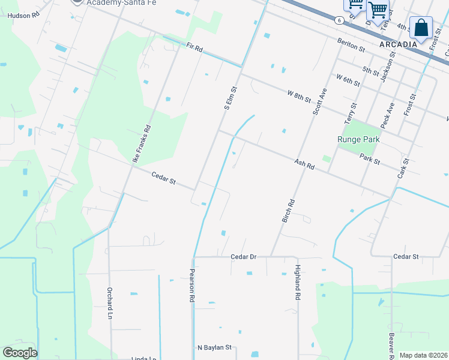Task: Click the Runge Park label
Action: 359,139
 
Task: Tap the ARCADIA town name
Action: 398,44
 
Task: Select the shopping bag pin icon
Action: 421,28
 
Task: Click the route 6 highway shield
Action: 340,20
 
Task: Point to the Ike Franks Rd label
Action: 141,144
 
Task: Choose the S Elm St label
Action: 229,98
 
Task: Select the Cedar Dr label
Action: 244,257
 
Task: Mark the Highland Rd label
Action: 297,283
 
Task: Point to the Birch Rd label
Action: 288,211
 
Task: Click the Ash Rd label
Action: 304,163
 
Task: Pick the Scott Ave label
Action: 319,102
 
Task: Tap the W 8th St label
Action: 299,96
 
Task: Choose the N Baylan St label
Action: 214,347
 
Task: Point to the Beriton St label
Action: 351,45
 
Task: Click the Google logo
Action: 20,353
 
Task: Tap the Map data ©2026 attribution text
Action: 423,355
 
